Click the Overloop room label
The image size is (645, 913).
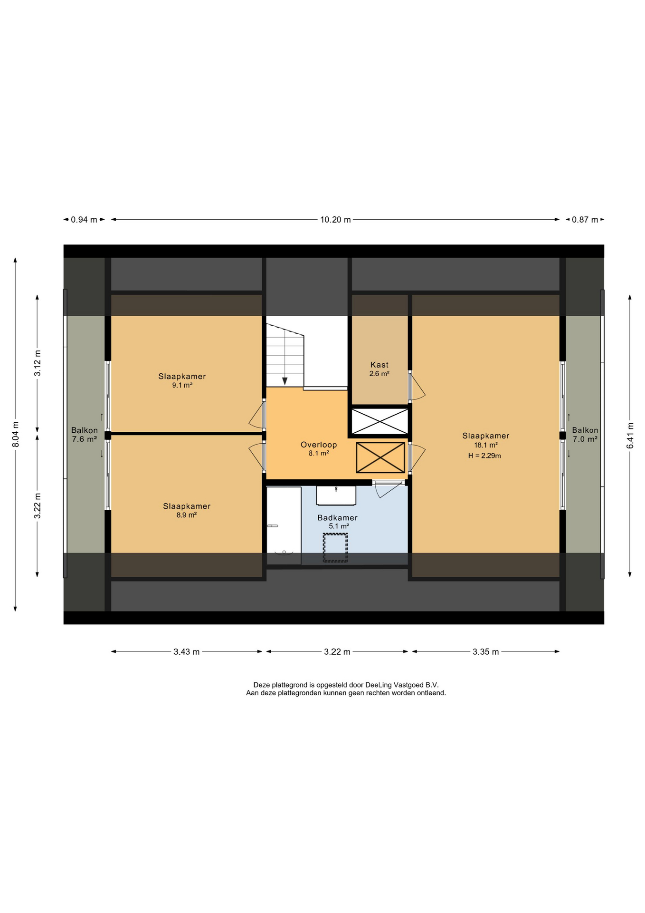point(319,445)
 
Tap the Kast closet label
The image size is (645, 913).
point(379,365)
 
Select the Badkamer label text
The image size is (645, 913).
point(337,517)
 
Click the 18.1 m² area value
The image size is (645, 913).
point(486,445)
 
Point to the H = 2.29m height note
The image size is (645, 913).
point(484,456)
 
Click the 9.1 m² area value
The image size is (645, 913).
point(182,385)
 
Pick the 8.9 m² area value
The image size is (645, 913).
point(187,515)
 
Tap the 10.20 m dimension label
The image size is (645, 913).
point(335,220)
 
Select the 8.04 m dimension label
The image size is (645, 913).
point(16,434)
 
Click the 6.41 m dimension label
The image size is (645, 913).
point(630,435)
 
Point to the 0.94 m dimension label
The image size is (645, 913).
point(84,220)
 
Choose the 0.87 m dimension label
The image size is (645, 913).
point(585,220)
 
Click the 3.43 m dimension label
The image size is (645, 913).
point(186,652)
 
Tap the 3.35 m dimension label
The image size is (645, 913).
point(485,652)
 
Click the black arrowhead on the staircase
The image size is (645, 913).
point(285,381)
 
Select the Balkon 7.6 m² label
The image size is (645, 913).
point(85,435)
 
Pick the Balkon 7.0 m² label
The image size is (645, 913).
point(585,435)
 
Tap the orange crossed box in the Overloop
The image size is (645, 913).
point(380,457)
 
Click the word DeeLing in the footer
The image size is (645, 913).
point(379,685)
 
